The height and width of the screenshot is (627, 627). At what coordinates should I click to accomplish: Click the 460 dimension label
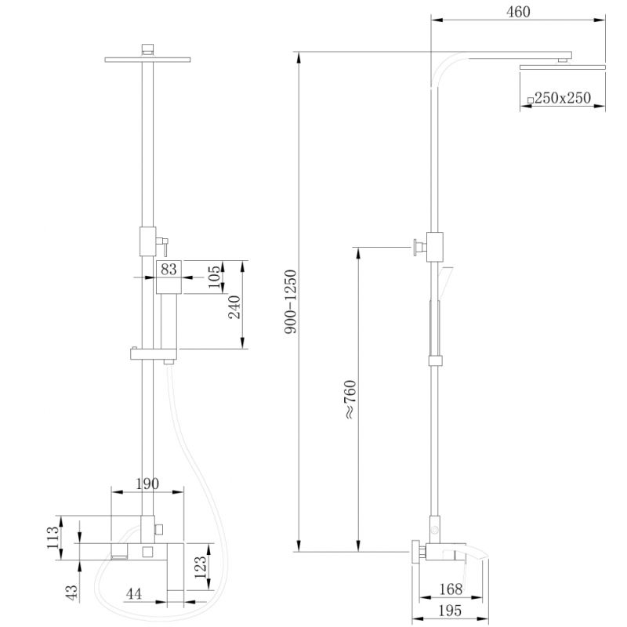click(519, 12)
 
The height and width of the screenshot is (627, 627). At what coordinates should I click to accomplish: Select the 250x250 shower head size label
click(562, 98)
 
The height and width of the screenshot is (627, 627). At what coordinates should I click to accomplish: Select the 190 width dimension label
click(147, 484)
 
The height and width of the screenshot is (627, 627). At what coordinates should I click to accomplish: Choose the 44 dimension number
click(134, 595)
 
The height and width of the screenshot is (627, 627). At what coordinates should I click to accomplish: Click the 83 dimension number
click(169, 269)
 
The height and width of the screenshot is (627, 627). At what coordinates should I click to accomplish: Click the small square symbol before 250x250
click(531, 100)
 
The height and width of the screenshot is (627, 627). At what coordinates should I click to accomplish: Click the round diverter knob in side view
click(415, 248)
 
